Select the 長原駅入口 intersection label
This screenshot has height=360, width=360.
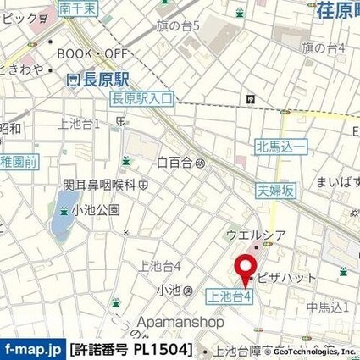coord(142,99)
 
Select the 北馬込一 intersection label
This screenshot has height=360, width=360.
coord(279,147)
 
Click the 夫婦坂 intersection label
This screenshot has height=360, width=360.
coord(277,191)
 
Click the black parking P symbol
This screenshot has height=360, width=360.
coord(252,99)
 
